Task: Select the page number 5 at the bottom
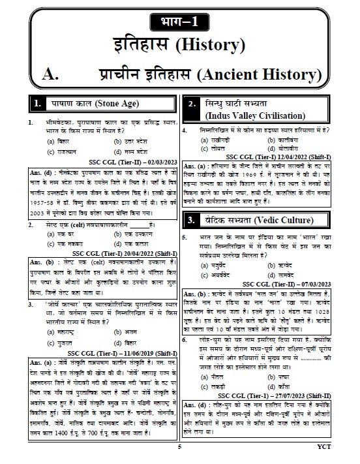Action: (179, 449)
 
